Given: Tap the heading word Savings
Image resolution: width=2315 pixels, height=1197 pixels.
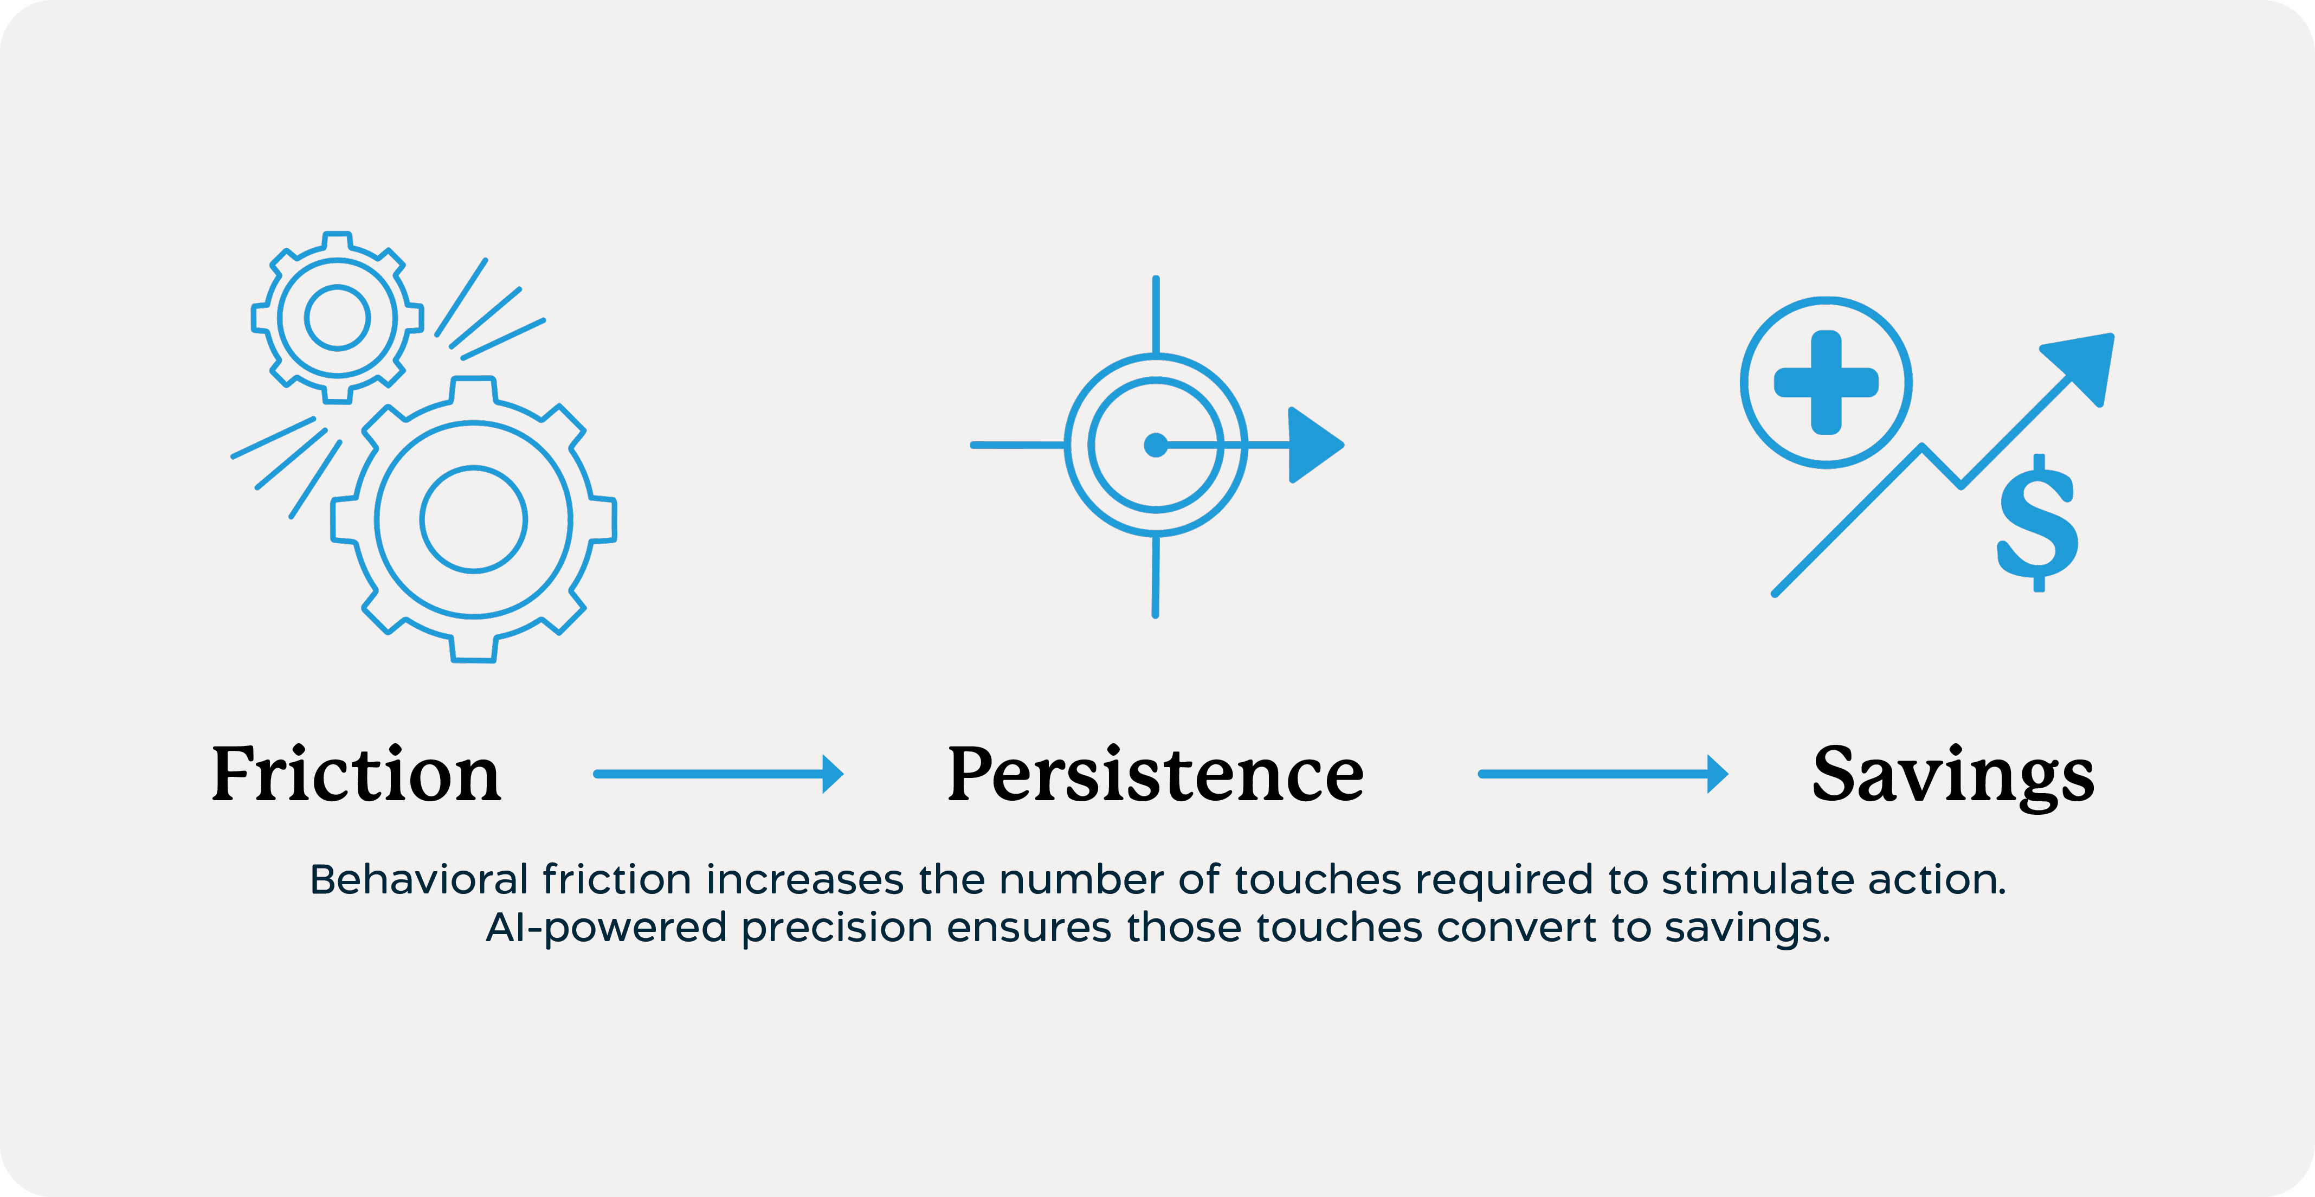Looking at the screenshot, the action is tap(1953, 776).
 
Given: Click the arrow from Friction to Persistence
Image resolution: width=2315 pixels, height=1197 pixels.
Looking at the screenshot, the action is tap(718, 774).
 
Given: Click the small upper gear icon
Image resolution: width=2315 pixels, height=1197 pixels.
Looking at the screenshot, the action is tap(337, 317).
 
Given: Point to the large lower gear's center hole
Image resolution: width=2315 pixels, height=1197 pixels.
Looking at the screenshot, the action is tap(474, 518).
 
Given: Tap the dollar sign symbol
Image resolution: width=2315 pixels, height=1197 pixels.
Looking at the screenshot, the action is tap(2037, 523).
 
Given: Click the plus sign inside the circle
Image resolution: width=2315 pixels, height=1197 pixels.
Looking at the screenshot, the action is tap(1826, 382).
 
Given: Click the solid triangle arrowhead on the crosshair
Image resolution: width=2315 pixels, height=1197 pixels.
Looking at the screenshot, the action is tap(1316, 445).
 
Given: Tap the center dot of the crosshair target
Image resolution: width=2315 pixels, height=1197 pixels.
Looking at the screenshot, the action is tap(1156, 445).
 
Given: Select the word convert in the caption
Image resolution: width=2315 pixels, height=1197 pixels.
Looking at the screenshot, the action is tap(1516, 928).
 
